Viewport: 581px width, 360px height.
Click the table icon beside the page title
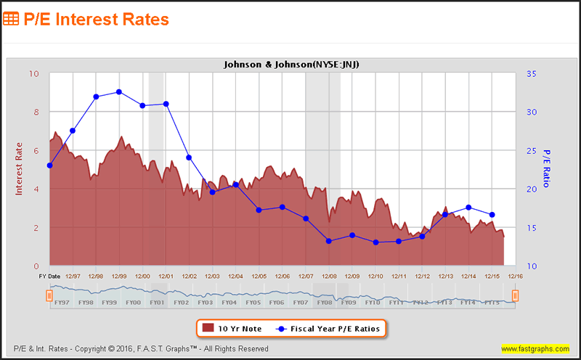(x=12, y=19)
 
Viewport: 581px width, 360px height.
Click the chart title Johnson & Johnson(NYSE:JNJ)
(x=291, y=65)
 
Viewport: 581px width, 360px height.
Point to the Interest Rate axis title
(x=20, y=168)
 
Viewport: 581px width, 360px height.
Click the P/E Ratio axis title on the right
(x=547, y=168)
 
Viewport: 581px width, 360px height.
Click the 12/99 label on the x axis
(x=119, y=276)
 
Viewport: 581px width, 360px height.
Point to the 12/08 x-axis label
(x=329, y=276)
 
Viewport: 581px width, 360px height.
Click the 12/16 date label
(x=515, y=276)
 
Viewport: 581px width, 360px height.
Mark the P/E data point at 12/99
(x=119, y=91)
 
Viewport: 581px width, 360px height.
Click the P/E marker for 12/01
(x=166, y=104)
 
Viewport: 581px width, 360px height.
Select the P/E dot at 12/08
(x=329, y=241)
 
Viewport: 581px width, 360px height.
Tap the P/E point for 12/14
(x=468, y=208)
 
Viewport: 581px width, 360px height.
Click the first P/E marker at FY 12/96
(x=49, y=165)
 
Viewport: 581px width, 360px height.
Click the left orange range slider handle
(x=49, y=295)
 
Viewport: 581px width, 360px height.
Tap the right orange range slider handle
(x=515, y=295)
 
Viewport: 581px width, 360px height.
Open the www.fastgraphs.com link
(x=536, y=349)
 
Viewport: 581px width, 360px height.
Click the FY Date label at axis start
(x=49, y=276)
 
